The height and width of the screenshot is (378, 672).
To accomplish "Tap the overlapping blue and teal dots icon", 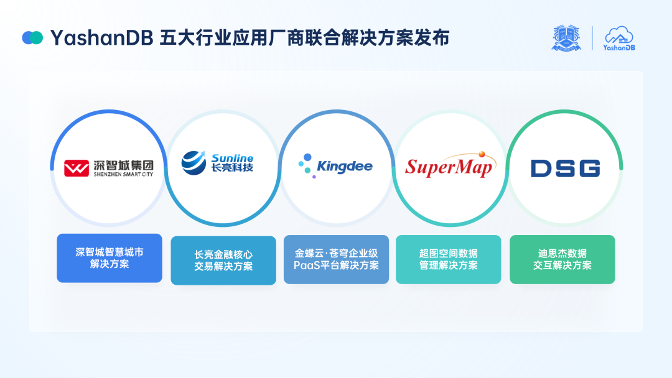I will [x=32, y=38].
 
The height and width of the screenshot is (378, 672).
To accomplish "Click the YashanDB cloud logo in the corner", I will [x=619, y=38].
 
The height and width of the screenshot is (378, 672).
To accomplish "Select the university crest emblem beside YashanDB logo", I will [x=566, y=38].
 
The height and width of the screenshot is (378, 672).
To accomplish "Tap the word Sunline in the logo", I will [x=232, y=158].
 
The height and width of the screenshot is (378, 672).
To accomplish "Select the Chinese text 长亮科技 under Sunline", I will [x=232, y=168].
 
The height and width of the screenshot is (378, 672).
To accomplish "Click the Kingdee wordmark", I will [x=344, y=167].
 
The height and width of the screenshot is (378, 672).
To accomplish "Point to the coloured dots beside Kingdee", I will [x=305, y=165].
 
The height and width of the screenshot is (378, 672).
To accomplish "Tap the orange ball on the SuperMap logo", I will [x=482, y=153].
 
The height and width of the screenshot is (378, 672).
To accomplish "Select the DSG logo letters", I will [x=565, y=168].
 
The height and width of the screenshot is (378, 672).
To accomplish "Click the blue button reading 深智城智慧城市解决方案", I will [x=110, y=258].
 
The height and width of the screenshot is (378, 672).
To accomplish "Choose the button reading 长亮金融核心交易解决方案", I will [x=223, y=260].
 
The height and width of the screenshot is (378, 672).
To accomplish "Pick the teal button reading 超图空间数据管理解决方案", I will [x=449, y=259].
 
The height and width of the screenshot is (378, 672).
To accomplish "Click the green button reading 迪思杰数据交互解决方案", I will [x=562, y=259].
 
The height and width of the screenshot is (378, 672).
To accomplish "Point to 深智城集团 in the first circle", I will [x=123, y=165].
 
